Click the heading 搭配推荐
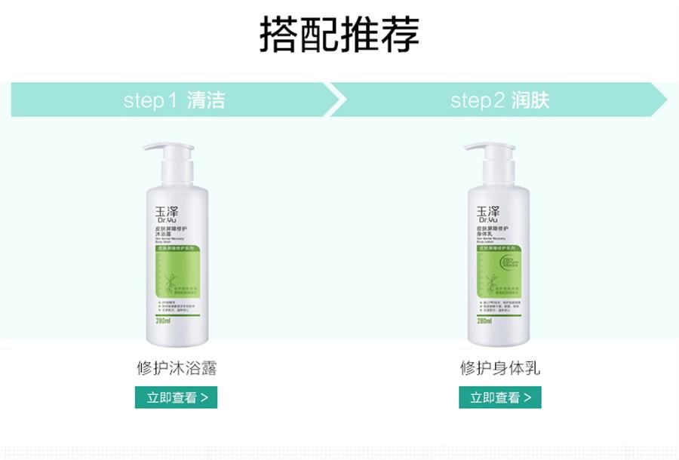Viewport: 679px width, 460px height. coord(339,34)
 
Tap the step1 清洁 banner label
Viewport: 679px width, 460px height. coord(174,100)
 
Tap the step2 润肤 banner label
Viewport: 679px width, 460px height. coord(500,100)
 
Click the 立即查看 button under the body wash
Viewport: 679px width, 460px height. coord(176,397)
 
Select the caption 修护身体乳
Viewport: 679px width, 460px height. coord(500,368)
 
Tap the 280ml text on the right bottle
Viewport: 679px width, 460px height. coord(484,320)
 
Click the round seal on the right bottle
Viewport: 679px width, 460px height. coord(510,265)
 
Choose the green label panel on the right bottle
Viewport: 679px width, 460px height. coord(499,279)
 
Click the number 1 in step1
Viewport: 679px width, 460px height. coord(171,101)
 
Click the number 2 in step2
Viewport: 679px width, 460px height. coord(498,101)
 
